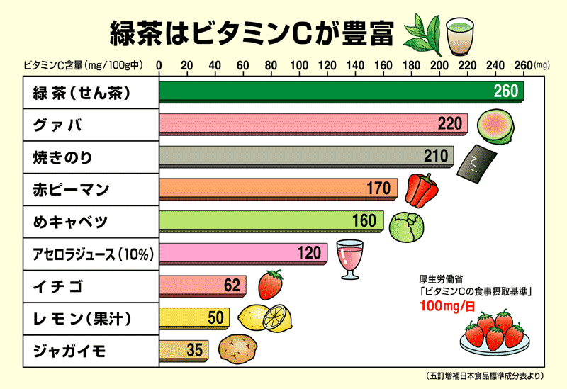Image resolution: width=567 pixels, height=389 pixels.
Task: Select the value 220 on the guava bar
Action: [449, 125]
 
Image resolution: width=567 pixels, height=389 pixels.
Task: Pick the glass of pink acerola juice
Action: [349, 258]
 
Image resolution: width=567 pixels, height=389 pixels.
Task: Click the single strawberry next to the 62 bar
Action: [271, 285]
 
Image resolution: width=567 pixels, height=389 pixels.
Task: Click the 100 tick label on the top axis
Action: [298, 66]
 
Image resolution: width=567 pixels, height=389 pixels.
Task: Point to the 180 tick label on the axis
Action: [410, 66]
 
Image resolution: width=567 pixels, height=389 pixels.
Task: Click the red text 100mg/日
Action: [446, 306]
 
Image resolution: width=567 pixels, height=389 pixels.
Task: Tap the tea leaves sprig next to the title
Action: [423, 34]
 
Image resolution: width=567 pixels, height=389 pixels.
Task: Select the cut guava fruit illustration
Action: [494, 128]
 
